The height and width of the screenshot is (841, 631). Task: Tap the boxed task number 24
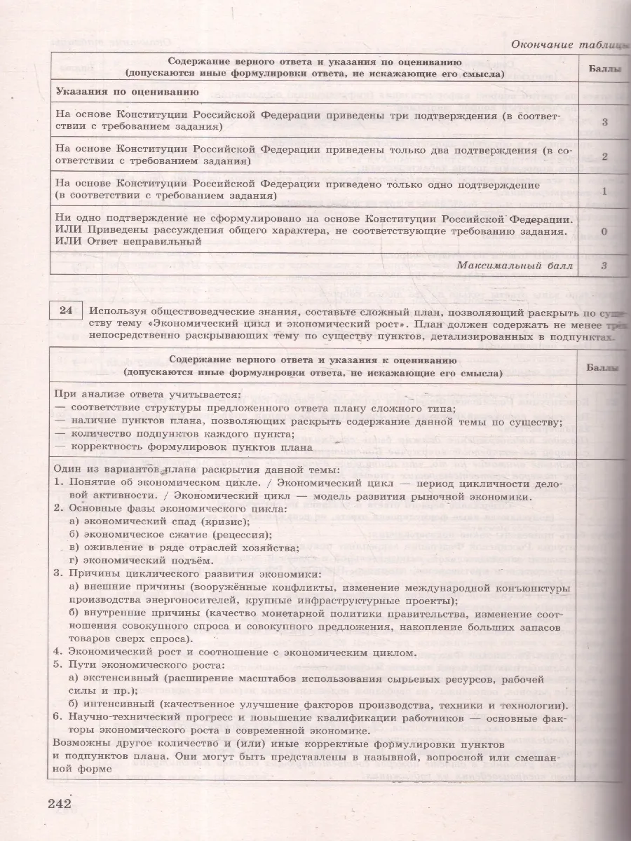(65, 312)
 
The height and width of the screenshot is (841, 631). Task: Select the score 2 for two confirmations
(604, 156)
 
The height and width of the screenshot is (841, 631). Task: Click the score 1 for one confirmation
(604, 191)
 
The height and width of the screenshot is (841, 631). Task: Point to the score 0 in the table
(604, 231)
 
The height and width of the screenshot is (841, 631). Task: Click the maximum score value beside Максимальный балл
(604, 266)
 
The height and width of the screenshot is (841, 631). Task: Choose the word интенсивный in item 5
(121, 705)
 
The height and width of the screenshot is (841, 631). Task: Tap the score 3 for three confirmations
(604, 121)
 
